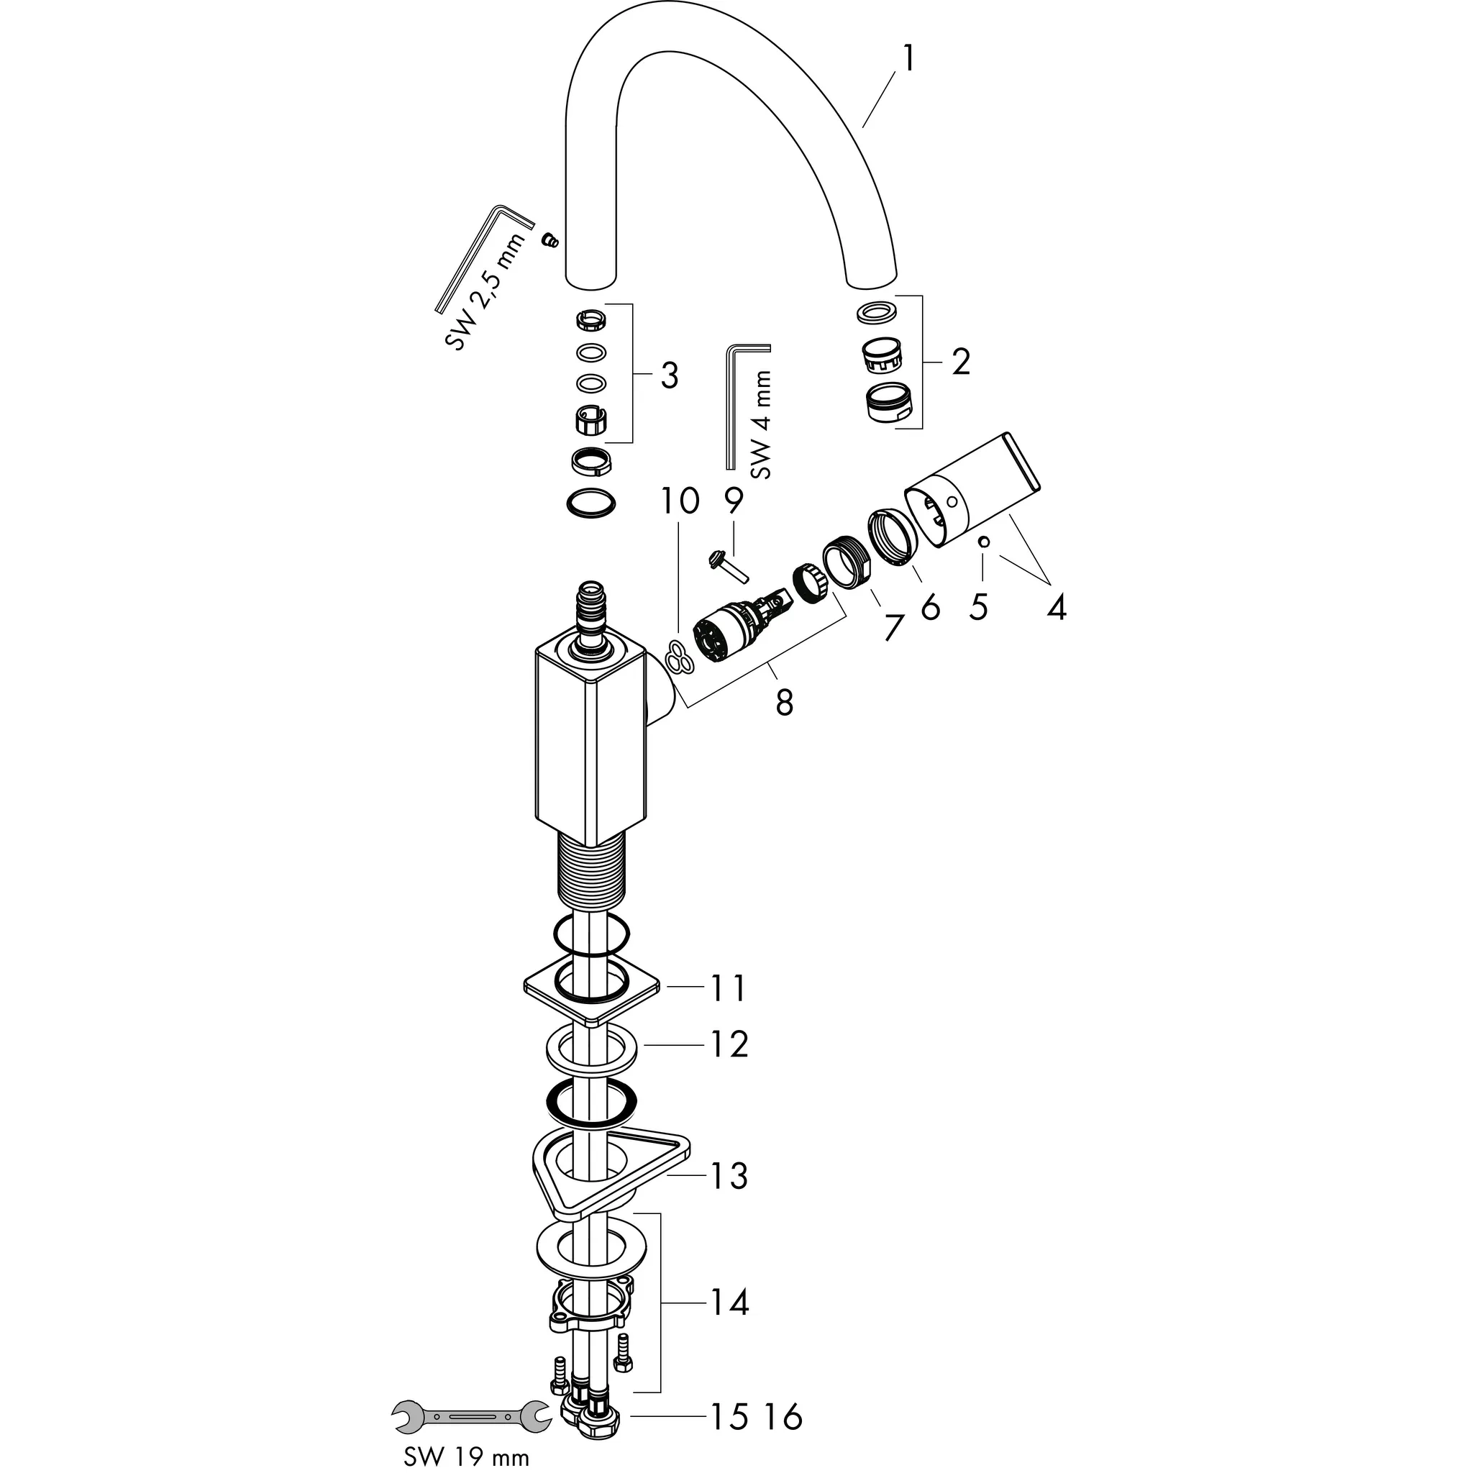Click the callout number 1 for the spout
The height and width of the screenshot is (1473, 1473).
point(906,58)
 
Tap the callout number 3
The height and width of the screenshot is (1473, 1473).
point(669,375)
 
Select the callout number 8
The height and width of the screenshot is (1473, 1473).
point(785,702)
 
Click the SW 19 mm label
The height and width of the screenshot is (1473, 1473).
point(467,1457)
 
